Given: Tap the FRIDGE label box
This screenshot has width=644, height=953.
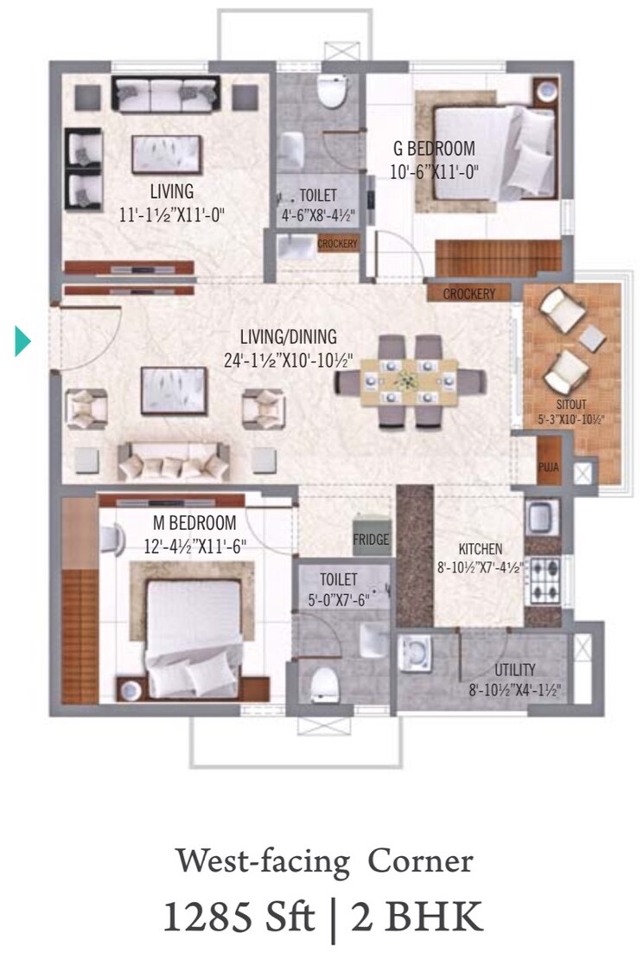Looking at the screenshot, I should (370, 540).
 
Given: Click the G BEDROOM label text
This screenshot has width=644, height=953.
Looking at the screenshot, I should (433, 149).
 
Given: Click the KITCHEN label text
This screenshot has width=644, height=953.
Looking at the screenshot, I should (480, 548).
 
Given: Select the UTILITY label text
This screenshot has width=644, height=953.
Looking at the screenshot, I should (515, 669).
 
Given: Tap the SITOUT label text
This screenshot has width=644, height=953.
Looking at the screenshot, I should (571, 404).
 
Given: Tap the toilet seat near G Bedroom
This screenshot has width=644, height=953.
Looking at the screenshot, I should (330, 90).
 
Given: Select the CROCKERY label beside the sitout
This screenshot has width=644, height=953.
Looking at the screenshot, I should (469, 294).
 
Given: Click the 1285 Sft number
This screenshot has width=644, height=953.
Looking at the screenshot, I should (238, 917).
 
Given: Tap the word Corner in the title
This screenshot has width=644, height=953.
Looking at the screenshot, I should (421, 862).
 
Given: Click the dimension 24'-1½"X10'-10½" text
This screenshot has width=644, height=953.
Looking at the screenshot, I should (289, 359).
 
